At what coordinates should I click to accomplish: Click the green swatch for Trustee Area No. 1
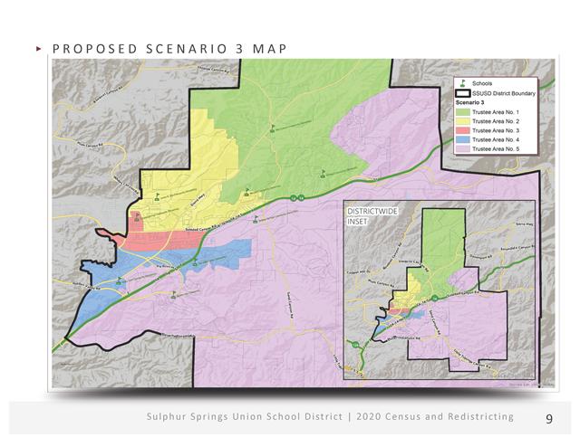(x=463, y=112)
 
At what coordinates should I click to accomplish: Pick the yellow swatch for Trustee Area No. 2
(x=463, y=121)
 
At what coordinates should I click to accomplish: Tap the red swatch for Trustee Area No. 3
(x=463, y=130)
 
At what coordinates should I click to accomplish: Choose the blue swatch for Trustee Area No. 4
(x=463, y=139)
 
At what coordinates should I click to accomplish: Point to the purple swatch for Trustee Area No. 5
(x=463, y=148)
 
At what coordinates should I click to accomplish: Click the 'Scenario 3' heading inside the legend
(x=469, y=103)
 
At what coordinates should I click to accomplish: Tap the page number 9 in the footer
(x=549, y=418)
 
